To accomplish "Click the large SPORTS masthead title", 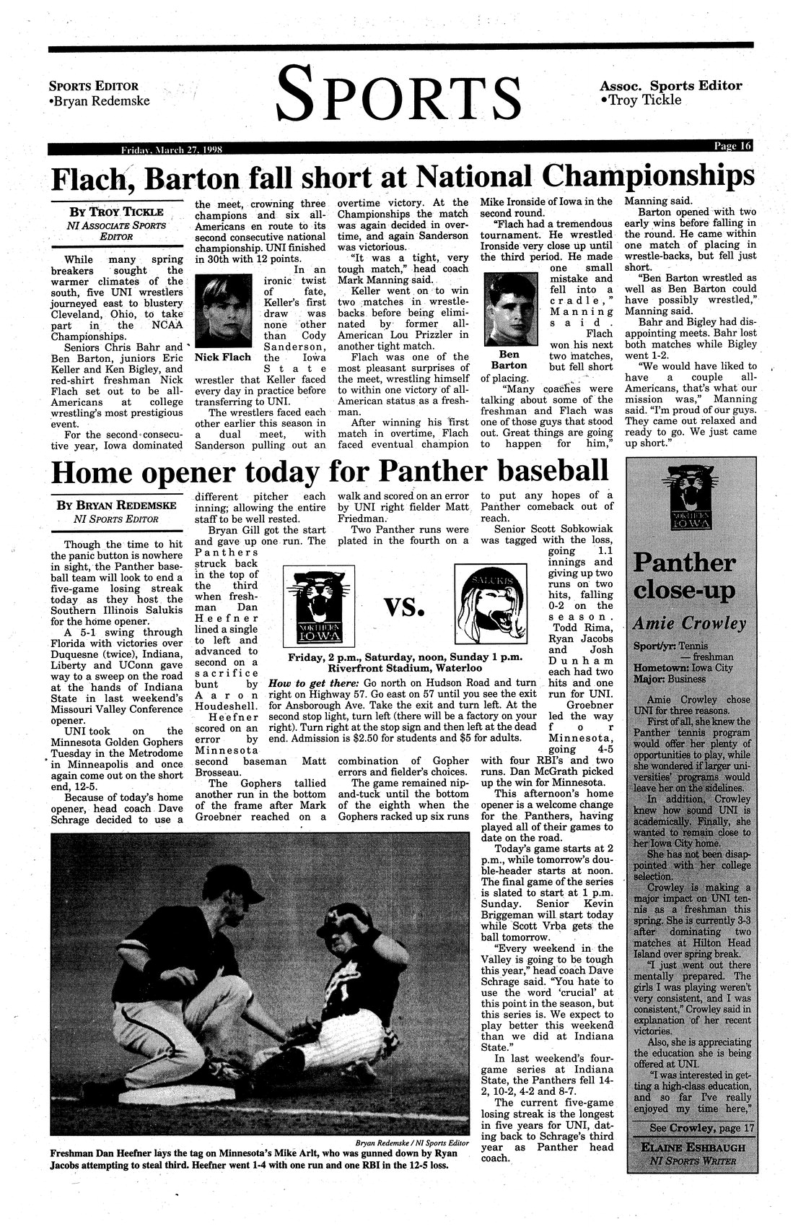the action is pyautogui.click(x=399, y=94).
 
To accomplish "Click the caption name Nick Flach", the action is pyautogui.click(x=223, y=357).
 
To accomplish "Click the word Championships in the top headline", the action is pyautogui.click(x=644, y=178).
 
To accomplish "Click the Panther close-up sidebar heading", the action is pyautogui.click(x=684, y=576).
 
